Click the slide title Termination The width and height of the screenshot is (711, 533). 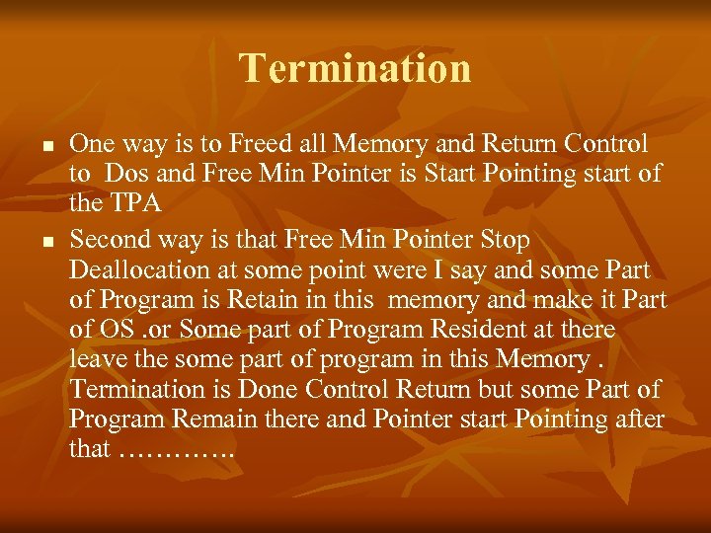point(355,68)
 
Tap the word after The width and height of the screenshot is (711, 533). point(640,419)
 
